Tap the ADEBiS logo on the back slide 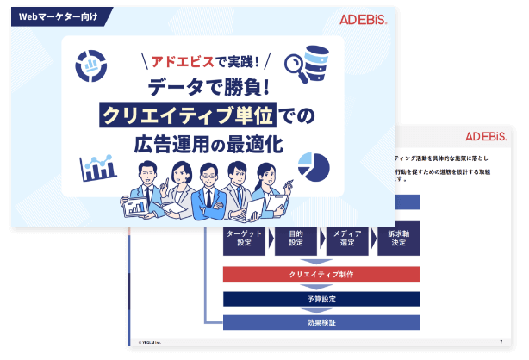(486, 137)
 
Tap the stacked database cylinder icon (316, 58)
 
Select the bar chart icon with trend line (96, 167)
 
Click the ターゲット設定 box (244, 239)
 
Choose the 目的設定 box (296, 239)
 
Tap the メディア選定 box (347, 239)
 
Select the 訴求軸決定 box (398, 239)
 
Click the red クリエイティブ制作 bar (321, 275)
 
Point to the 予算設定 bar (321, 299)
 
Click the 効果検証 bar (321, 323)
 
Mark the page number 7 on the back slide (501, 342)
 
